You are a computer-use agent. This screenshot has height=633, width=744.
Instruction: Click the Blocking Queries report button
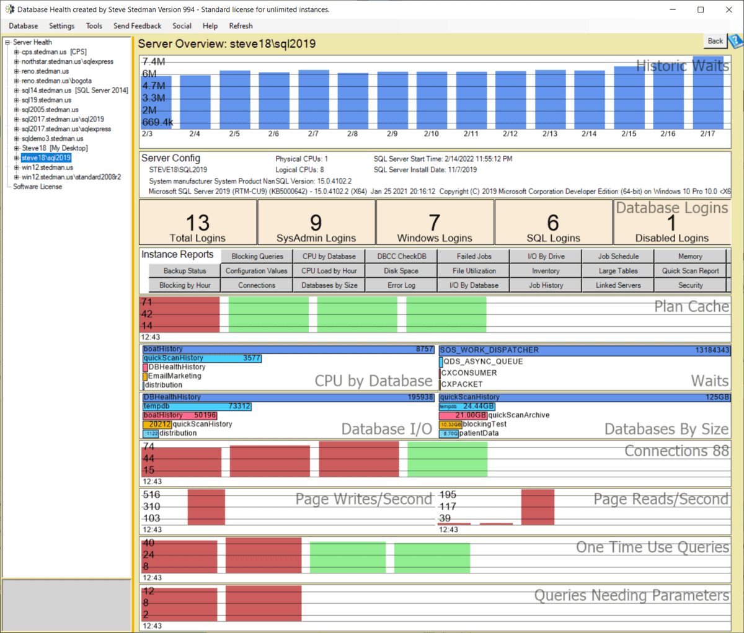257,256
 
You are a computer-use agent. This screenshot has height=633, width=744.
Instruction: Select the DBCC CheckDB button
401,256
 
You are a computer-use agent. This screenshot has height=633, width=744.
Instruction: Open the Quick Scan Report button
690,271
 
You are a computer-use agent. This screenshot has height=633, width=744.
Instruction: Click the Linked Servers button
618,285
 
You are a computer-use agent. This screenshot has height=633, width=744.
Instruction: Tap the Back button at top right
715,41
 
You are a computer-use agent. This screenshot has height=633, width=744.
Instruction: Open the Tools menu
94,26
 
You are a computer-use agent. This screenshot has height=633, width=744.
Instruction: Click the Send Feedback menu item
137,26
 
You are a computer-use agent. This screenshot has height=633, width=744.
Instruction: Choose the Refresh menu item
241,26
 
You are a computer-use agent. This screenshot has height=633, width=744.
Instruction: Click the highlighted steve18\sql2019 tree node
46,158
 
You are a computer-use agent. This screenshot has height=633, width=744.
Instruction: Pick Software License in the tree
37,187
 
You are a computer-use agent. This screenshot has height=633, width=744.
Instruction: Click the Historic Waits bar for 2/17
707,93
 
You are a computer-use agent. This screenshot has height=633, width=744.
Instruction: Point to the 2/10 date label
431,134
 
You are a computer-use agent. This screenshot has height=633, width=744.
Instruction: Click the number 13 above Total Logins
198,223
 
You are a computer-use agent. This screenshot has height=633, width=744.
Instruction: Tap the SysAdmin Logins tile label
316,238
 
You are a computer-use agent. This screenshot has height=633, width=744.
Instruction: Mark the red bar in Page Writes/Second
206,507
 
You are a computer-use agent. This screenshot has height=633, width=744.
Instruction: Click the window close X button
728,9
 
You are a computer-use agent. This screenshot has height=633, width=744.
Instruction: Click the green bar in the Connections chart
447,459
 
